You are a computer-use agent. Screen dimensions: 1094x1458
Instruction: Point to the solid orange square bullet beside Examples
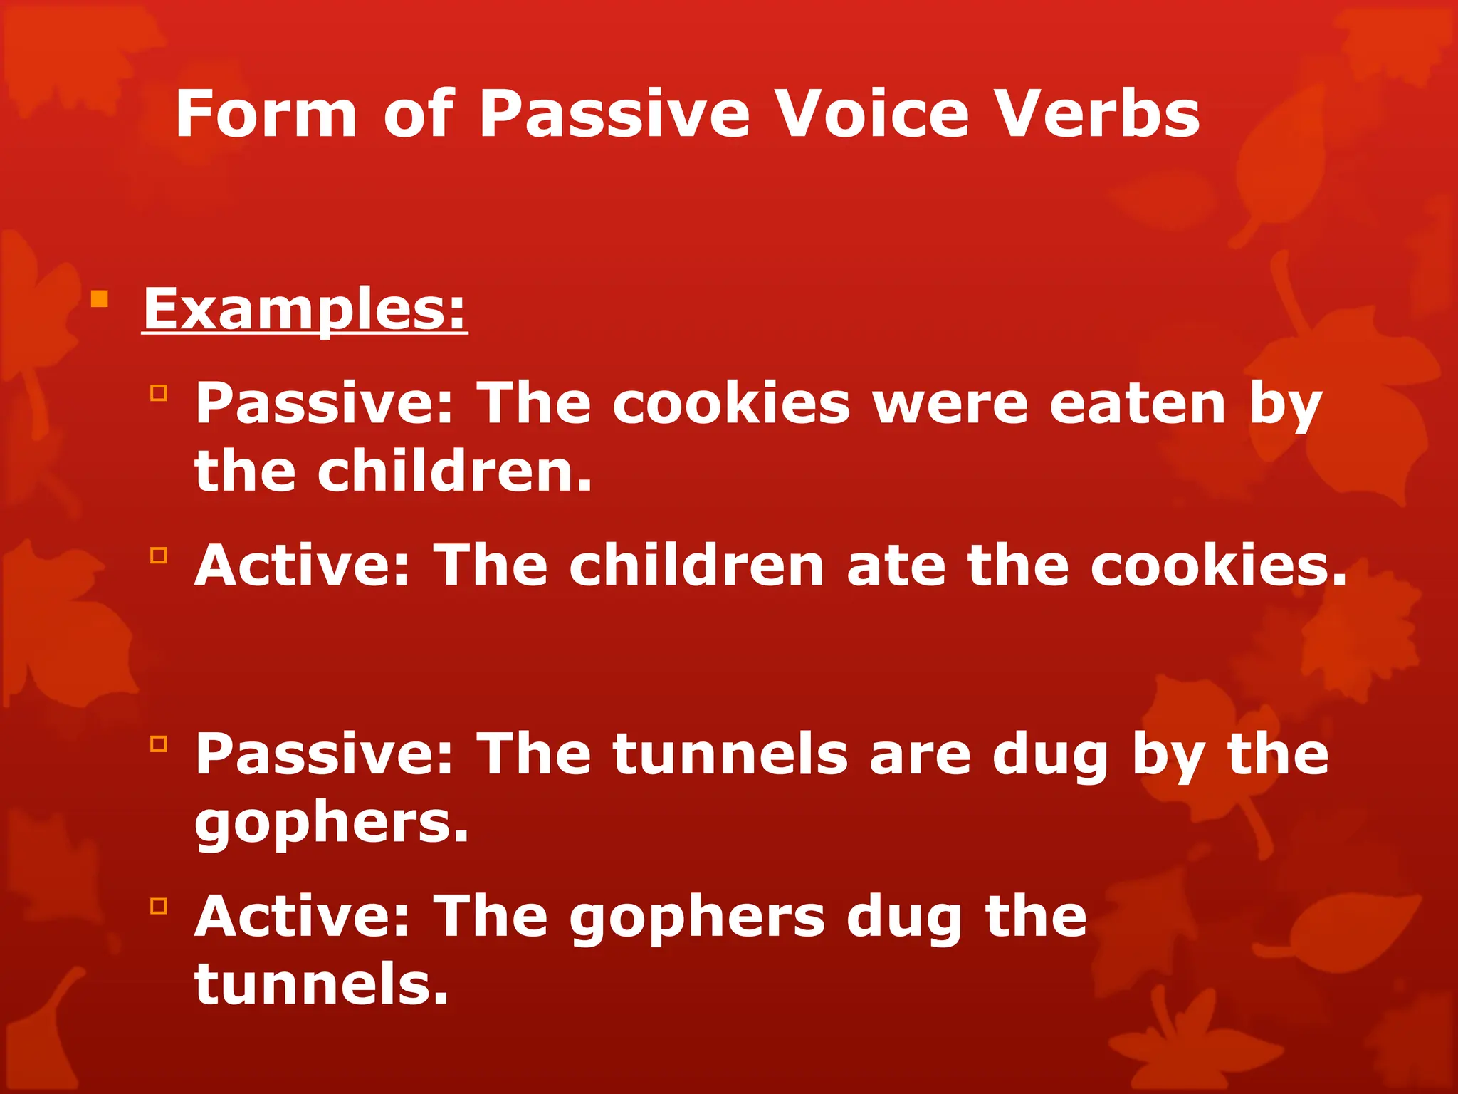[100, 298]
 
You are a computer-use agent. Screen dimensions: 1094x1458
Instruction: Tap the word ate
[896, 566]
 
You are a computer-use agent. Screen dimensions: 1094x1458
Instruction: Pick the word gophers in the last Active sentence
[697, 919]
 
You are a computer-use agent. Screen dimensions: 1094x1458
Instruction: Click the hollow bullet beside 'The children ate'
[158, 555]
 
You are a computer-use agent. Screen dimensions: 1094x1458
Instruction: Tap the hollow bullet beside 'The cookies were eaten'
[158, 392]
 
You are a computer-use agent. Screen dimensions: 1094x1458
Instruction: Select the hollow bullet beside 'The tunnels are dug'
[158, 744]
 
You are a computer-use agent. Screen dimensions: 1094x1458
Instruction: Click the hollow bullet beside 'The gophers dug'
[158, 906]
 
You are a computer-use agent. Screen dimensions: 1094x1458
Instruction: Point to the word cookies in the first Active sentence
[1219, 566]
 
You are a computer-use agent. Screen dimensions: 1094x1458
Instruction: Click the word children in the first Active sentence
[696, 566]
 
